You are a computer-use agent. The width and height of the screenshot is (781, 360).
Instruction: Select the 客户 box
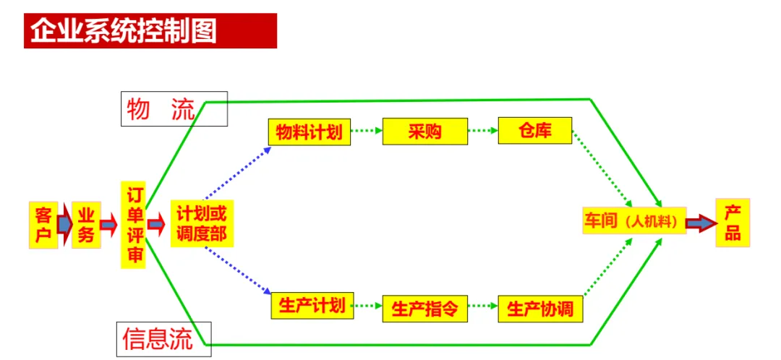(x=43, y=224)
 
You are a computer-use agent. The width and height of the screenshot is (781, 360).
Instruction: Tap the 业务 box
(x=86, y=225)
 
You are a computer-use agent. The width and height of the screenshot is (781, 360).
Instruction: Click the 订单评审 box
(x=133, y=226)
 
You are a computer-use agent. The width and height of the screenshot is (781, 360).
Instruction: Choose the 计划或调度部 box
(x=202, y=224)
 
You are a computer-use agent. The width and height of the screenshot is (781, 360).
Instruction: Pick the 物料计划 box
(x=309, y=131)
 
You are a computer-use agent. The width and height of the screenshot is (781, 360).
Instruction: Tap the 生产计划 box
(x=313, y=306)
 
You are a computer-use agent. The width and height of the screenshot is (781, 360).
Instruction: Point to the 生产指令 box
(x=425, y=309)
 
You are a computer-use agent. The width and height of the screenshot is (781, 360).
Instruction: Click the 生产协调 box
(x=540, y=309)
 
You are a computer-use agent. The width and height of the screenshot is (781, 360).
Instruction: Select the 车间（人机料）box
(x=633, y=221)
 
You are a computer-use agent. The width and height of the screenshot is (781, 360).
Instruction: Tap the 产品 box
(x=733, y=223)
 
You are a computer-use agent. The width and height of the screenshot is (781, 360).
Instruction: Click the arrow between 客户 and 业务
(x=64, y=224)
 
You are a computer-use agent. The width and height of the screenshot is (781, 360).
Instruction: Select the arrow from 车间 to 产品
(x=699, y=223)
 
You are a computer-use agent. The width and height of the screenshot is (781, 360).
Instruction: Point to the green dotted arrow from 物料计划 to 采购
(x=367, y=132)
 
